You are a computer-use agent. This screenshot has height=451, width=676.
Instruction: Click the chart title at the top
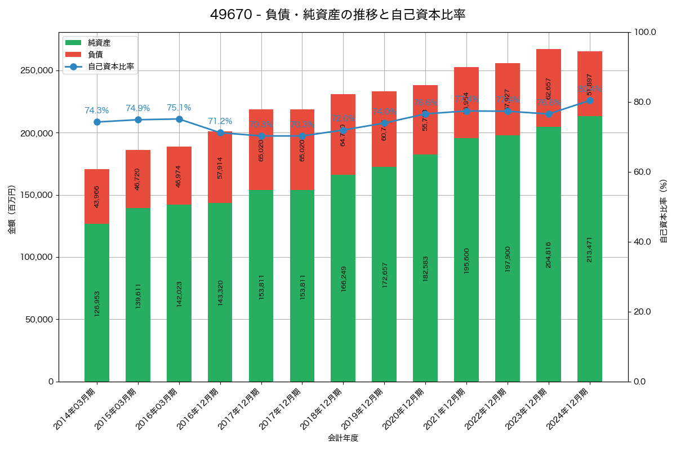337,15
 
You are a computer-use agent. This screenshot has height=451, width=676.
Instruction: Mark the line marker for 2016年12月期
220,132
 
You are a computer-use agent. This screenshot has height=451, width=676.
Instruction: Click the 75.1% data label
179,108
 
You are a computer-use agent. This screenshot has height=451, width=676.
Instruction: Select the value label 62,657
549,88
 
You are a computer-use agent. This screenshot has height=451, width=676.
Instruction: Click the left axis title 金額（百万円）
11,209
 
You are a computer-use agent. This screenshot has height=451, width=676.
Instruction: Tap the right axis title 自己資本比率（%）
664,211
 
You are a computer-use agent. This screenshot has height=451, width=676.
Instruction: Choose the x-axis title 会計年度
343,437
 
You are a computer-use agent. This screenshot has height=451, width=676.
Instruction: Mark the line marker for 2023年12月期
549,114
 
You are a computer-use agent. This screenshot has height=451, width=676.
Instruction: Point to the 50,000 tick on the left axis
39,319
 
